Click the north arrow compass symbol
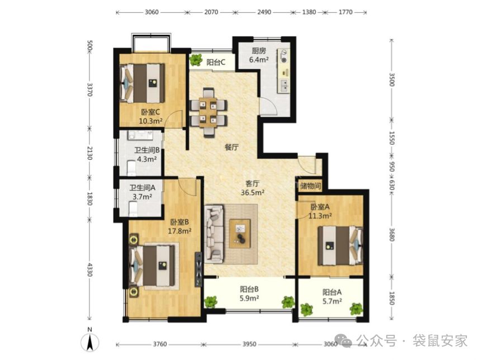point(89,342)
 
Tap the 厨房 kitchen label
point(258,51)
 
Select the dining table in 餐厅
point(209,112)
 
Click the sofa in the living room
point(214,234)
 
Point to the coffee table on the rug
point(240,234)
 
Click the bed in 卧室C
point(142,83)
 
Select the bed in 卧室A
point(340,245)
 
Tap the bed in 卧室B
point(152,265)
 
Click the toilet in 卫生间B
point(131,168)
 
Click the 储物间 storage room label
point(310,186)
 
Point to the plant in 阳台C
point(196,60)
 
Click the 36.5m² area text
point(253,193)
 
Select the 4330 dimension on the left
point(89,269)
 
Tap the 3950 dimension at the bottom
point(249,344)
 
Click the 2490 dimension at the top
point(264,12)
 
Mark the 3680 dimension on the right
point(391,235)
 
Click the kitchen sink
point(283,86)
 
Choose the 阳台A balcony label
point(332,292)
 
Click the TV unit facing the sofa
point(198,269)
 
